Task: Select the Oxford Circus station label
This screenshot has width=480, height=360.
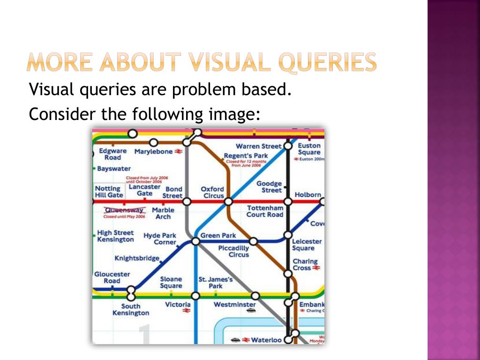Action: (212, 192)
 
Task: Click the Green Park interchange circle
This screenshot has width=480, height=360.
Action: (195, 241)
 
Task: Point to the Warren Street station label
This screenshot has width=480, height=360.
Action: (258, 146)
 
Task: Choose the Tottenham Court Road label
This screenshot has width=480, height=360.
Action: (265, 211)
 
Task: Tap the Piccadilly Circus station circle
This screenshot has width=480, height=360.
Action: (253, 241)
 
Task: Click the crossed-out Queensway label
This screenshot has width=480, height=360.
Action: (125, 210)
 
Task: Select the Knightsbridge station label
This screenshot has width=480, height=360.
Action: (137, 258)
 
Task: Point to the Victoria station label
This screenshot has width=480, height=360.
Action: (178, 305)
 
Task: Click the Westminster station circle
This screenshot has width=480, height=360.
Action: (255, 296)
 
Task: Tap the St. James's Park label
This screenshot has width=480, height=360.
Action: (216, 283)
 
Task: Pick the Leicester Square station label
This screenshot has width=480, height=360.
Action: (307, 245)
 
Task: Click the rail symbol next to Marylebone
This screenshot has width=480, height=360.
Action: (179, 151)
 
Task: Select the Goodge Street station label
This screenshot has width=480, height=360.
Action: (269, 187)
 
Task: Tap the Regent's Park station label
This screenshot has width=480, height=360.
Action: (246, 156)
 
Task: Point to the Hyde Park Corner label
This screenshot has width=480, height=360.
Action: (160, 239)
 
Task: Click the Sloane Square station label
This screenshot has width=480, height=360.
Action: (171, 282)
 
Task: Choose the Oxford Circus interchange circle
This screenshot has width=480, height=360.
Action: (228, 202)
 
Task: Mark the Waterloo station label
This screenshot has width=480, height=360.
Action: (266, 340)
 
